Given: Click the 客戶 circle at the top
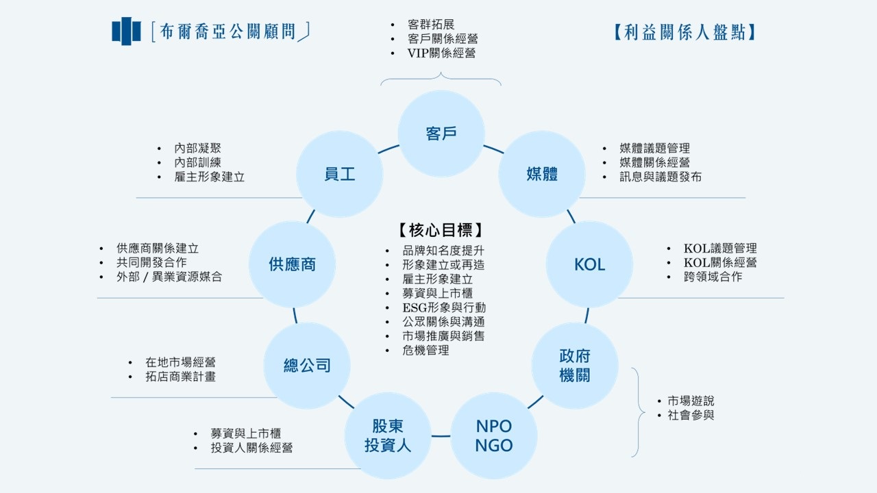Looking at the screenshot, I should pos(441,134).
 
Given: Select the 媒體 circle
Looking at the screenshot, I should pos(542,174).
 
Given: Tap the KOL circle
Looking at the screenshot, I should pos(589,264).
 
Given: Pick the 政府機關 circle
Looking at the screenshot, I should pos(575,366).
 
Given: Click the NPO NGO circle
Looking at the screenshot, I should pos(493,435).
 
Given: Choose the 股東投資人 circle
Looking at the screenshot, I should pos(388,435).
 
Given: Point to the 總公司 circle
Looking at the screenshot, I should pos(307,366).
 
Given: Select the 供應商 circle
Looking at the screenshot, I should pos(292,264).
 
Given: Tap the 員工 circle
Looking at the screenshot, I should pos(340,174).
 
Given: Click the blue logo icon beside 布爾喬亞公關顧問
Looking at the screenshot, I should pos(126,31).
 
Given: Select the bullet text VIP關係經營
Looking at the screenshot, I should pos(441,53).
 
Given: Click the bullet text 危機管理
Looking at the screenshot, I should pos(425,350).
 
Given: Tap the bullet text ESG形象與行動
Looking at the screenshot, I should pos(444,307).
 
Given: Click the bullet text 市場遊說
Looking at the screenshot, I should pos(691,401).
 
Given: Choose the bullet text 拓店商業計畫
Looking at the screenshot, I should pos(180,376).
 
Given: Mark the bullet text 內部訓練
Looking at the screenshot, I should pos(197,162).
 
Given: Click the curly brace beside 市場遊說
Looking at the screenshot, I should pos(639,412).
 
